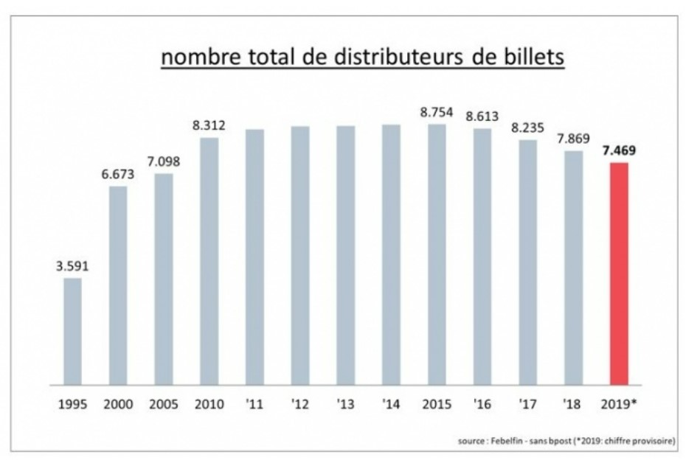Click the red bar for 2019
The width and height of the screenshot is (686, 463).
point(618,274)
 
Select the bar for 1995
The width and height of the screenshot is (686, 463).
point(72,331)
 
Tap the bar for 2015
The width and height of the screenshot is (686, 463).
point(437,254)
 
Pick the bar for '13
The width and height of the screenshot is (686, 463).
point(345,255)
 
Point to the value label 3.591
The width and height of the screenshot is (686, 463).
point(72,266)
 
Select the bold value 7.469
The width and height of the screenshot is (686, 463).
point(619,151)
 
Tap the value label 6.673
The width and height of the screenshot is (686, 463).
point(118,175)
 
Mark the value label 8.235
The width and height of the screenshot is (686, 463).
point(527,128)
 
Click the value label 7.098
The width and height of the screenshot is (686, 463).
point(164,162)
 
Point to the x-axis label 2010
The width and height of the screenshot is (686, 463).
point(209,405)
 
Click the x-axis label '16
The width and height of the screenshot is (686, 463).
point(482,405)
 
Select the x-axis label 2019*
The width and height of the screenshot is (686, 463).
point(619,405)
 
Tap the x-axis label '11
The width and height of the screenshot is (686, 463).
point(255,405)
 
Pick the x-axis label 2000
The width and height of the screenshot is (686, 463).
point(118,405)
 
